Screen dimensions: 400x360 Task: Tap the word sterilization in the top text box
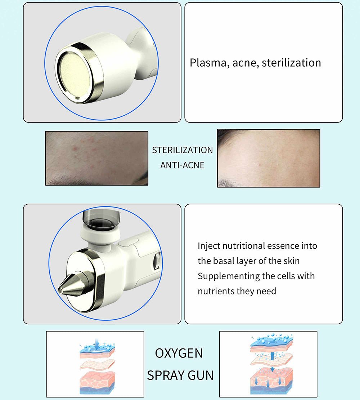click(291, 63)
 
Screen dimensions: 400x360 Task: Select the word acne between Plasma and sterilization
click(245, 63)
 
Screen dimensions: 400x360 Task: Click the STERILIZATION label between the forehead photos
click(182, 150)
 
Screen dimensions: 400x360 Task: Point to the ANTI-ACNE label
click(182, 165)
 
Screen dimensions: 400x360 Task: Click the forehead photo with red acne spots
click(96, 158)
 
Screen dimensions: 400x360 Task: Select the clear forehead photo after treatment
click(268, 158)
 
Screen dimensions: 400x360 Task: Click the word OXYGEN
click(179, 354)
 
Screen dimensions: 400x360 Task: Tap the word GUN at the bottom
click(201, 375)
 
